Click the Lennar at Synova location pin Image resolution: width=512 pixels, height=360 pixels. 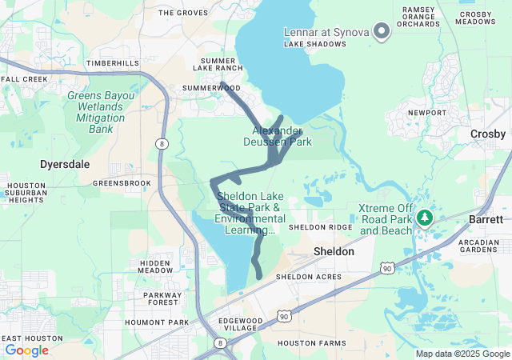(x=382, y=32)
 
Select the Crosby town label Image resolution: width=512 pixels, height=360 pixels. (x=487, y=134)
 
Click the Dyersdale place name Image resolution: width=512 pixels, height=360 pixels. (x=62, y=164)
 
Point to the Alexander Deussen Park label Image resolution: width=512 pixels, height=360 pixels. (x=278, y=136)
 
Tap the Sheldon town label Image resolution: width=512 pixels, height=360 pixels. (x=333, y=251)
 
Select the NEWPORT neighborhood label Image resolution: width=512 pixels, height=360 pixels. (x=426, y=113)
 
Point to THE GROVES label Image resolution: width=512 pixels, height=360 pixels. (x=183, y=13)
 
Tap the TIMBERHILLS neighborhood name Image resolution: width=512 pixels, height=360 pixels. (x=113, y=63)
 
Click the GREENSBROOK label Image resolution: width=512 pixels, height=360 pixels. (x=122, y=183)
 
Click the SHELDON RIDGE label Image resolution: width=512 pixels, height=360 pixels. (x=320, y=227)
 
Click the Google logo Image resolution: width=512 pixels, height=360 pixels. (x=26, y=350)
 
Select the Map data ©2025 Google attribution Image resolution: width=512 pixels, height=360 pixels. (x=462, y=354)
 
